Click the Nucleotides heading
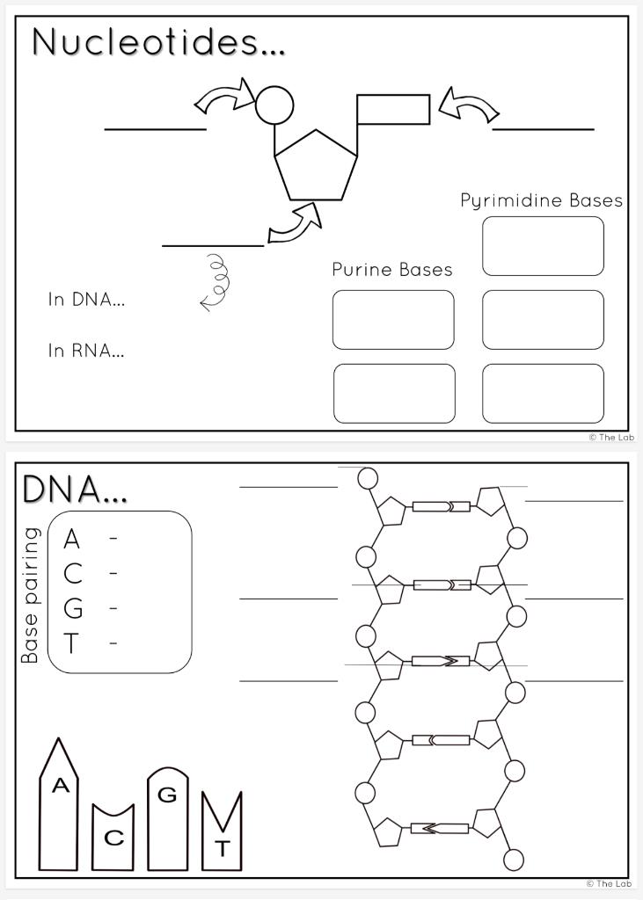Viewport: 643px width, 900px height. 158,42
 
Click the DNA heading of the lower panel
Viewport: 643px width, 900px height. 75,490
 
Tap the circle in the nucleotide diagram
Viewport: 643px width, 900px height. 274,105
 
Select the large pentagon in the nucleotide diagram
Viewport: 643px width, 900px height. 316,167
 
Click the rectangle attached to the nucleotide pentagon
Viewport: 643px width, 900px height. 393,109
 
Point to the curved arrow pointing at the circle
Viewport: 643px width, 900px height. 224,96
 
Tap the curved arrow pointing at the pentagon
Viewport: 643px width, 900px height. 296,225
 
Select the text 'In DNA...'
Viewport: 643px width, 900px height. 86,300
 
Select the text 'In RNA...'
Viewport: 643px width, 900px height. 86,351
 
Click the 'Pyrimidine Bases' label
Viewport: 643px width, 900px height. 541,200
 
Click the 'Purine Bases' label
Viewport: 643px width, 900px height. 392,269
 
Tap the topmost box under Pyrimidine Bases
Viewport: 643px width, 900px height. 543,246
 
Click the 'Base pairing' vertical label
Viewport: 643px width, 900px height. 31,595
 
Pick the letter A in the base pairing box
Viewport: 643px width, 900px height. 72,539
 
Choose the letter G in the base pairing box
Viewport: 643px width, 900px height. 73,608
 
